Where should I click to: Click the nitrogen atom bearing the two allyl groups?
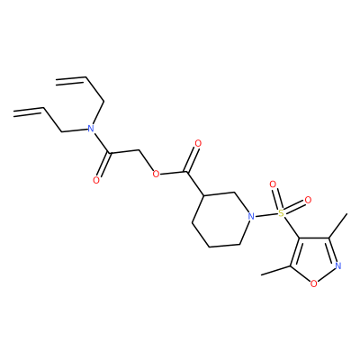pos(90,129)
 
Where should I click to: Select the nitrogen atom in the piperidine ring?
pos(251,216)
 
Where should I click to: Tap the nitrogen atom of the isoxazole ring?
pos(338,265)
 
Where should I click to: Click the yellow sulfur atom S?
pos(281,213)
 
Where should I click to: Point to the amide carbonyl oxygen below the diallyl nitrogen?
pos(96,180)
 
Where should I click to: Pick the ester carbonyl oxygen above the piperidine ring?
pos(198,144)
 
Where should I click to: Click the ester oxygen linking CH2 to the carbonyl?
pos(156,174)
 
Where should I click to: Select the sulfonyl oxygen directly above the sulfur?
pos(273,184)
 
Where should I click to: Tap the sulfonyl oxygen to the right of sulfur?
pos(308,200)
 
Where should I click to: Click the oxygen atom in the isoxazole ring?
pos(313,283)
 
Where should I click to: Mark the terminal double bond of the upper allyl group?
pos(71,79)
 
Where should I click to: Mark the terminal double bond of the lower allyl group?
pos(29,112)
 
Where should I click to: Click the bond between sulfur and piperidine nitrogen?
pos(265,214)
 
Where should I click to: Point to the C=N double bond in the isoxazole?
pos(334,250)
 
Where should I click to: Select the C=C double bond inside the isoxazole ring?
pos(294,253)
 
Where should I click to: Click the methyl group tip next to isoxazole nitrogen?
pos(346,213)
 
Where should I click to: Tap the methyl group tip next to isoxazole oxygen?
pos(262,274)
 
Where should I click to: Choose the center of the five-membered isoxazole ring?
pos(313,258)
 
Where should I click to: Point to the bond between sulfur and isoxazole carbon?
pos(292,228)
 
